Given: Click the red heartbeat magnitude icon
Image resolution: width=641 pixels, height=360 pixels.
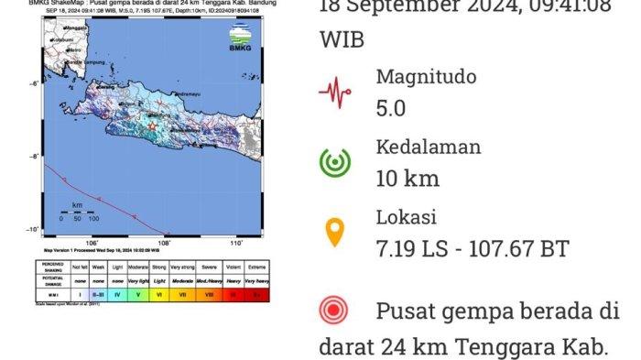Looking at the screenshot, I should [x=335, y=92].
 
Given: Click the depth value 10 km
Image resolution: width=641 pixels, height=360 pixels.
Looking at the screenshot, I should [x=407, y=178].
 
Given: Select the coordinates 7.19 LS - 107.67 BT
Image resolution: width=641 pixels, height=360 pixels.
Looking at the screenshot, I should [x=473, y=248].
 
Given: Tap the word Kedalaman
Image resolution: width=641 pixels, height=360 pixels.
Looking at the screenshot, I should [x=429, y=147].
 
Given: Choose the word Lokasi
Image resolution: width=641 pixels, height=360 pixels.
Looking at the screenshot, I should [x=407, y=217].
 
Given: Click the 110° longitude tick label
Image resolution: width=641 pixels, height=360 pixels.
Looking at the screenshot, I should [x=234, y=244].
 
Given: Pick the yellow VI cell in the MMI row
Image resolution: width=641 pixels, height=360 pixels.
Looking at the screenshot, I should [x=159, y=294].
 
